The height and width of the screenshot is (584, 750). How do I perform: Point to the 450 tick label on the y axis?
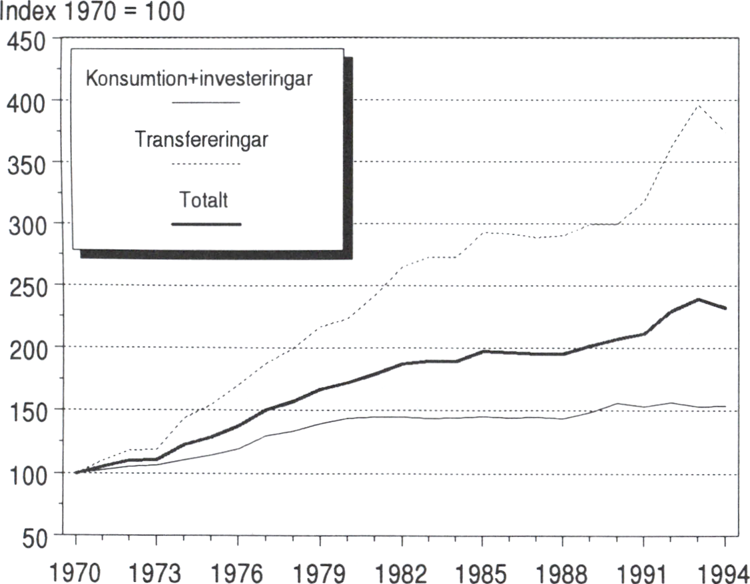click(26, 41)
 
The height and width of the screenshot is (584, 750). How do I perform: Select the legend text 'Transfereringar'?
click(202, 140)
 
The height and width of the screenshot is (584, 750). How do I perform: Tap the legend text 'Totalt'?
click(204, 199)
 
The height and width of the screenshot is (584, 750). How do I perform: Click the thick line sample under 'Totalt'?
click(206, 224)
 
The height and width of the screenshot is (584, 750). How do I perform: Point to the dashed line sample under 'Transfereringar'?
click(206, 164)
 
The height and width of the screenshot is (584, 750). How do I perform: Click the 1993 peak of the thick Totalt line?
click(698, 299)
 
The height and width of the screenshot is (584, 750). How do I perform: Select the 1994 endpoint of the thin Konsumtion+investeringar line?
click(725, 406)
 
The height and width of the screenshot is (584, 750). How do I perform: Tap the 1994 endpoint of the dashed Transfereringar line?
click(725, 130)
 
